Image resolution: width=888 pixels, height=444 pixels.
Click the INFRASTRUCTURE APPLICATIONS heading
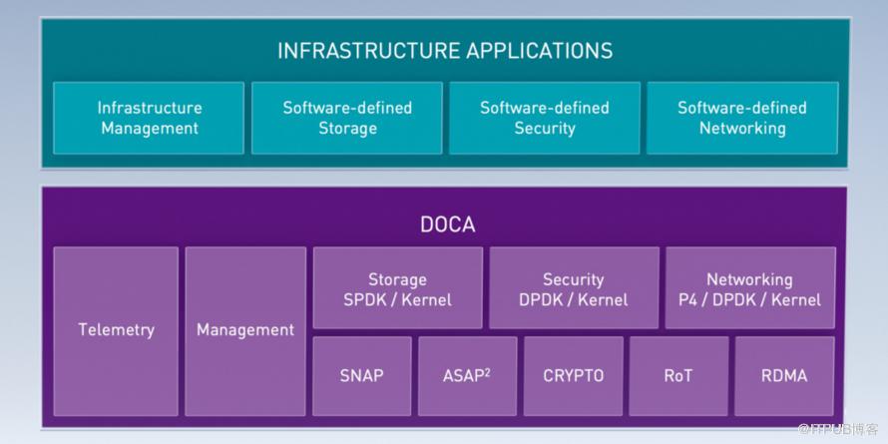(x=444, y=50)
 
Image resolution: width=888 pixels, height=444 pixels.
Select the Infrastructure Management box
(x=149, y=118)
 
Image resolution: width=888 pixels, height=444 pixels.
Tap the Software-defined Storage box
(x=346, y=118)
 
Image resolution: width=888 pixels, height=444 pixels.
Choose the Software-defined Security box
(x=544, y=118)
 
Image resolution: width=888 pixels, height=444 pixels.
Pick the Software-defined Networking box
(x=741, y=118)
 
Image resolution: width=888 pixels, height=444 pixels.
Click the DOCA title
(x=444, y=224)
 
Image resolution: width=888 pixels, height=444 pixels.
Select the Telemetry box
(x=116, y=330)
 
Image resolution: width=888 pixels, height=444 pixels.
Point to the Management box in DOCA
(x=245, y=330)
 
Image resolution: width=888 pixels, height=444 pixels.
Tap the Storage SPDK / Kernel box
(x=397, y=288)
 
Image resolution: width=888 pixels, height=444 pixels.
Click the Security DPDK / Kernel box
(x=574, y=288)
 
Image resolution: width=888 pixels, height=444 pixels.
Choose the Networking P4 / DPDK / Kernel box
(x=750, y=288)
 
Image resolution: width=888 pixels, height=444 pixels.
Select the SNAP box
(x=362, y=376)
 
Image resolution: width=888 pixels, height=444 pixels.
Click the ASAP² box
(x=467, y=376)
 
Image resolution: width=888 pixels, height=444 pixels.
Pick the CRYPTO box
(x=573, y=376)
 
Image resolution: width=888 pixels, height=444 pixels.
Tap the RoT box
(x=678, y=376)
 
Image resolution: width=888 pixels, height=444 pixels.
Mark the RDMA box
(x=783, y=376)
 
